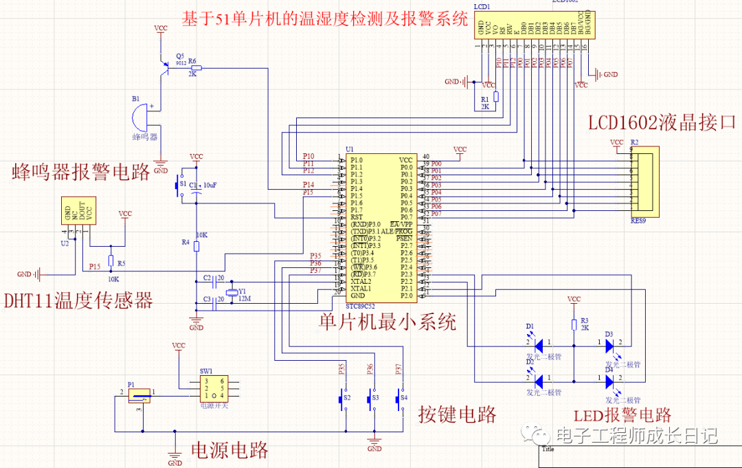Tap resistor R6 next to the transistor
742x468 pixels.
(x=196, y=68)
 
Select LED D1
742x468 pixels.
(x=539, y=343)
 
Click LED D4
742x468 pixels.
(x=609, y=380)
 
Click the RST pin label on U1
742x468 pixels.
(x=356, y=217)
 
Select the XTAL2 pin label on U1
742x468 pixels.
(x=361, y=282)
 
